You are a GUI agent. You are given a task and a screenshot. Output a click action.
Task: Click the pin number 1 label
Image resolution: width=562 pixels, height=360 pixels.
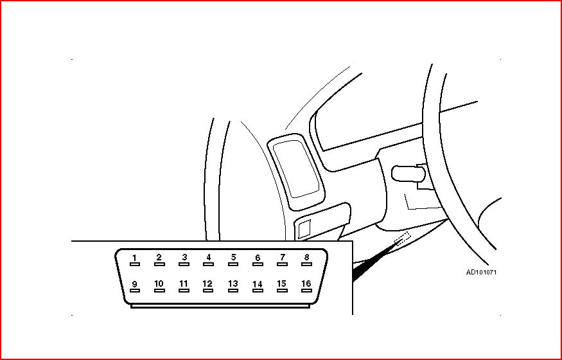point(134,257)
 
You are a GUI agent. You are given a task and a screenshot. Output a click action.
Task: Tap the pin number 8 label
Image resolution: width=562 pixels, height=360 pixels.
point(306,257)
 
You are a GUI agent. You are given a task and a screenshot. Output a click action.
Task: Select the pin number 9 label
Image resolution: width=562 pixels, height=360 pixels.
point(134,284)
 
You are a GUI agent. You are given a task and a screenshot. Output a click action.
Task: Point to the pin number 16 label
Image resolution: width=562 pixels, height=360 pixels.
point(306,283)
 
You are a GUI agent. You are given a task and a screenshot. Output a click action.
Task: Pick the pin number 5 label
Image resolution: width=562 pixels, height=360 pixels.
point(233,257)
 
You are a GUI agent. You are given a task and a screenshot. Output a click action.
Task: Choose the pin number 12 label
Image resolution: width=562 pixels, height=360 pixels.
point(207,283)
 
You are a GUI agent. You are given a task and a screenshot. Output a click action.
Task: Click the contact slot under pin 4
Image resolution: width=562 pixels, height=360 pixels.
point(208,264)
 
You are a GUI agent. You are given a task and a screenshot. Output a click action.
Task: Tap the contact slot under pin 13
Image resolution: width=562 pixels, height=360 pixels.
point(233,291)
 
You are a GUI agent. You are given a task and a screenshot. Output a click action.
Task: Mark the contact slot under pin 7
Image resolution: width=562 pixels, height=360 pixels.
point(282,264)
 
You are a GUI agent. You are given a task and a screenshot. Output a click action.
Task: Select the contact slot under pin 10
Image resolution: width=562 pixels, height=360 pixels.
point(159,291)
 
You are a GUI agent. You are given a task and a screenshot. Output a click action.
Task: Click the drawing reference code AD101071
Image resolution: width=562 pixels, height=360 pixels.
point(481,272)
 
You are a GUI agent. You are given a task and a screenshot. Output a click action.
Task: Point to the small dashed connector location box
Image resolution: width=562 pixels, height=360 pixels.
point(403,238)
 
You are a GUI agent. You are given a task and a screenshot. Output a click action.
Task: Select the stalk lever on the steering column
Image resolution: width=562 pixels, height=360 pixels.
point(408,174)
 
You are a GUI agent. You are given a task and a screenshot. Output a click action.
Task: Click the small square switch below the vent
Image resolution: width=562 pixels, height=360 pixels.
point(304,230)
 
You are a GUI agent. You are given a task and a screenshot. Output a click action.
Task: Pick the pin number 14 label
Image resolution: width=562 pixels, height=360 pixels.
point(258,284)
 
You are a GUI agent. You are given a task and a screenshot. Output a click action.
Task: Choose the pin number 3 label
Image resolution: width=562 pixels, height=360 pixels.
point(184,257)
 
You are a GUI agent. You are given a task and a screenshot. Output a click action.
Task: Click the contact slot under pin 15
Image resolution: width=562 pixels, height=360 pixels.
point(282,291)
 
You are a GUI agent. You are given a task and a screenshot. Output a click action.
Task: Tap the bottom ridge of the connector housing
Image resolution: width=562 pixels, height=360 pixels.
point(220,306)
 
